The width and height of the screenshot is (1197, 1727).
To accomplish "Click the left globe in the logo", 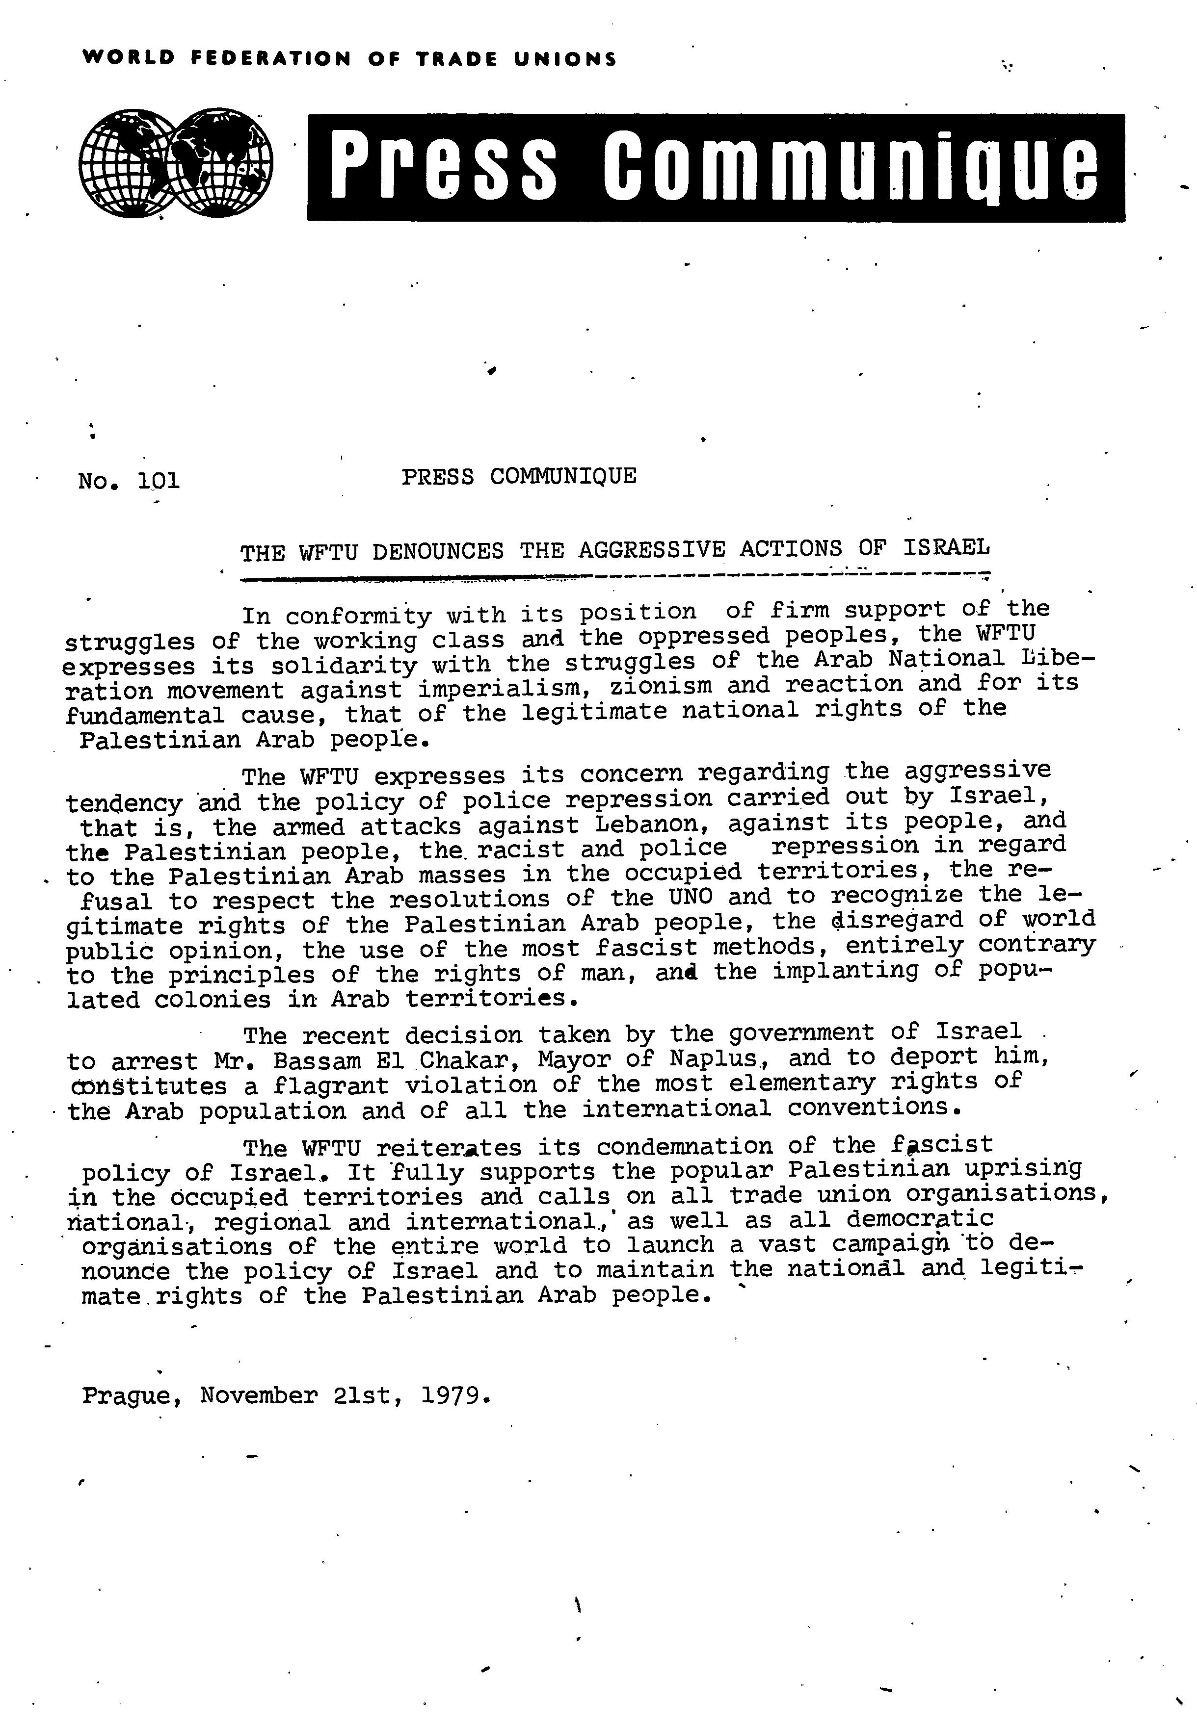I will tap(128, 161).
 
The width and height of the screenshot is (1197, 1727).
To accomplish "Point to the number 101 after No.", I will tap(159, 480).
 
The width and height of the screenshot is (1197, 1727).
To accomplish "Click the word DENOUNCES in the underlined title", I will tap(437, 552).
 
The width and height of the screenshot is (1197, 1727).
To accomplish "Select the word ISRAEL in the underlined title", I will tap(946, 547).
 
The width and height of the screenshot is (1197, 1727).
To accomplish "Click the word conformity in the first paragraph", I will tap(358, 616).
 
